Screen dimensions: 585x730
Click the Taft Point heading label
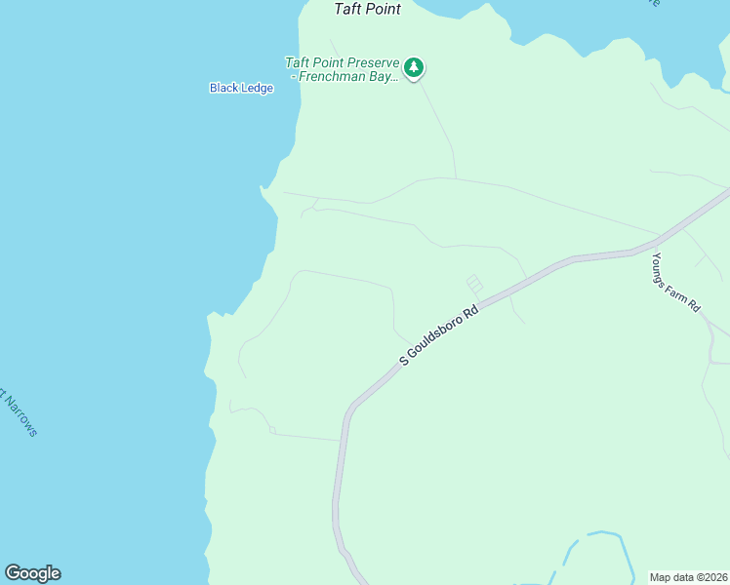368,9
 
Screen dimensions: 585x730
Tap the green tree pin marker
415,68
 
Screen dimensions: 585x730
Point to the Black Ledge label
241,88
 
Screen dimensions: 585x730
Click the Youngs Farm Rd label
677,283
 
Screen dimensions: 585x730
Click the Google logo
32,573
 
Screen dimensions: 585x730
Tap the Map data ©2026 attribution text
687,576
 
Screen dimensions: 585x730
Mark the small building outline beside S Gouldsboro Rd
474,284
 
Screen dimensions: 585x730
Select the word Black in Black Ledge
223,88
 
